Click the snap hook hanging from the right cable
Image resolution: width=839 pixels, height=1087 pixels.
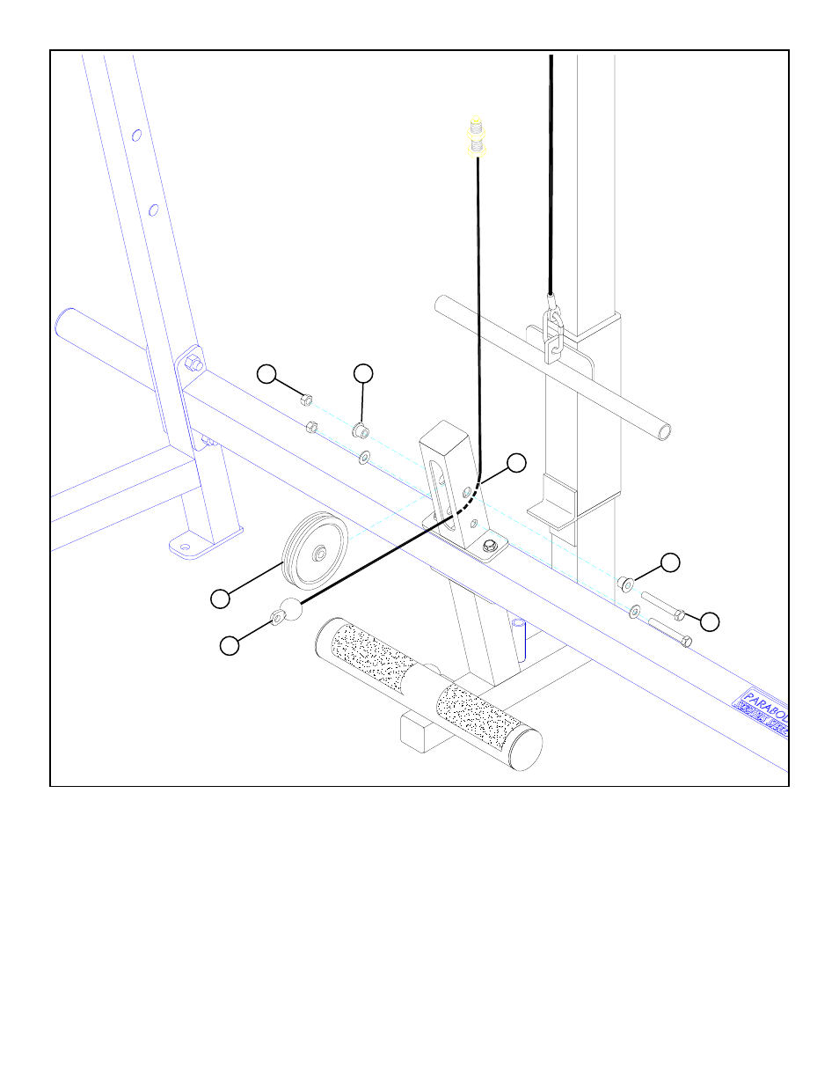click(x=552, y=334)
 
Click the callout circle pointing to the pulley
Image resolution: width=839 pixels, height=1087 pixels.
click(x=220, y=599)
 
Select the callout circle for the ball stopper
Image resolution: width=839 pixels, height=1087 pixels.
click(x=229, y=645)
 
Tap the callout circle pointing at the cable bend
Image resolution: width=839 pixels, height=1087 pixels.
click(x=516, y=462)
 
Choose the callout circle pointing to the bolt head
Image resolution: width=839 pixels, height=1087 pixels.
click(x=709, y=621)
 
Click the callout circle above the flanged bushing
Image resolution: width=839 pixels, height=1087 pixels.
click(x=363, y=374)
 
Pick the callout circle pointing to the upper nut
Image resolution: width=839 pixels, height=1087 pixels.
click(x=266, y=374)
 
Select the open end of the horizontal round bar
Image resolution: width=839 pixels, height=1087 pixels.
click(x=664, y=431)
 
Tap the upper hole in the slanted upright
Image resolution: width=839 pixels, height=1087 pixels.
click(x=136, y=136)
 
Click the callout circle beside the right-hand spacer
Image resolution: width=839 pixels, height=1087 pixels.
click(x=670, y=562)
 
